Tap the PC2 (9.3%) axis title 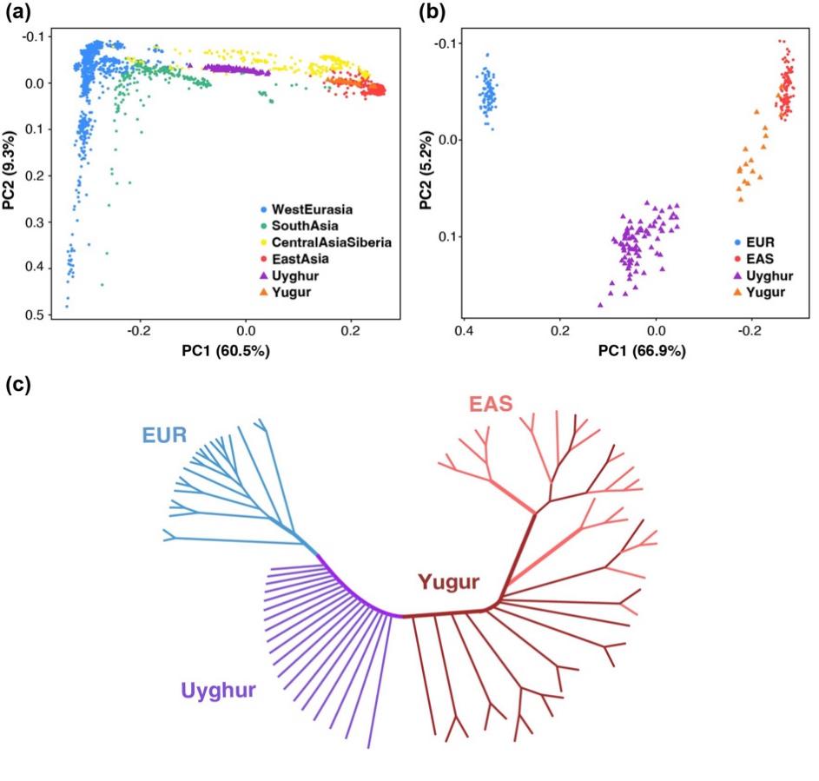tap(11, 174)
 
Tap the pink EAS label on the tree tap(490, 405)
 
